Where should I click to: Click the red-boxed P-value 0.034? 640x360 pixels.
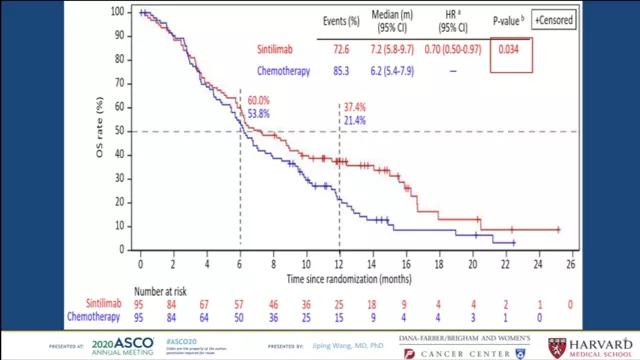[510, 48]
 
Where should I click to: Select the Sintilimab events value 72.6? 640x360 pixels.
[333, 48]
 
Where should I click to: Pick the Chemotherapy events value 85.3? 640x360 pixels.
[333, 71]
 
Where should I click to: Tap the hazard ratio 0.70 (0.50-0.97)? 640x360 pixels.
[446, 48]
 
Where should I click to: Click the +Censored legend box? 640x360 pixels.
[560, 19]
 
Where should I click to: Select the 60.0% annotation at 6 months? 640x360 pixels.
[259, 101]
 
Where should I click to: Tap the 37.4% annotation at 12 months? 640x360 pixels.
[354, 106]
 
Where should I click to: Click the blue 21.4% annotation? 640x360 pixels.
[354, 120]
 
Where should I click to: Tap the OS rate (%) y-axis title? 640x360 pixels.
[97, 130]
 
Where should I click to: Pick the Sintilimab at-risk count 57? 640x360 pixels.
[240, 304]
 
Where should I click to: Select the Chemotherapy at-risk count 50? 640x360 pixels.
[240, 317]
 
